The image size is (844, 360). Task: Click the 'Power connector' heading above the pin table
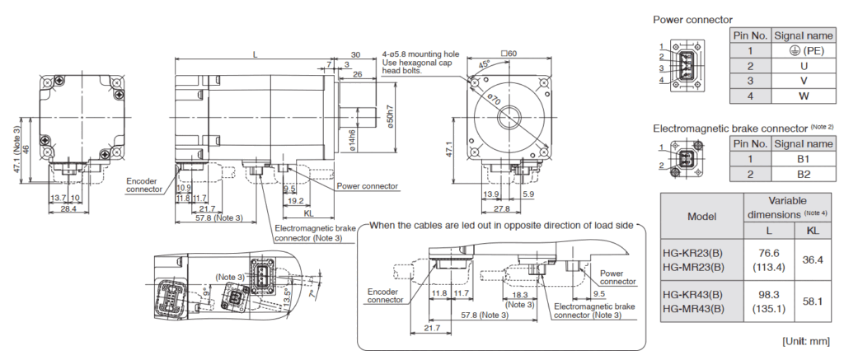[692, 19]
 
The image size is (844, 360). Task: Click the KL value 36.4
[812, 259]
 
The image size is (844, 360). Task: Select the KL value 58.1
[812, 302]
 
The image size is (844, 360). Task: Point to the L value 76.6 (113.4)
[767, 259]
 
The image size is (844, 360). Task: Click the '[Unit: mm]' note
[805, 341]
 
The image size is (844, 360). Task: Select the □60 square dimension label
[508, 54]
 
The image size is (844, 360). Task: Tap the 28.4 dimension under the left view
[68, 208]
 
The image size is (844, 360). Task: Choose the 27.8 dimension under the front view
[502, 208]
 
